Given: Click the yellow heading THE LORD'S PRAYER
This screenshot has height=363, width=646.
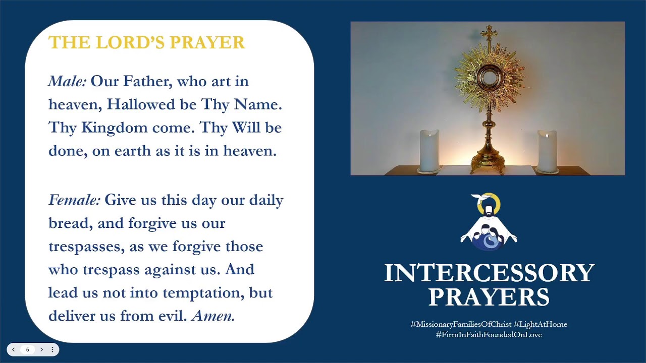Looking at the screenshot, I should (146, 42).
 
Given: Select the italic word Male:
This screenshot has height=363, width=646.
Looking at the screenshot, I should (68, 81).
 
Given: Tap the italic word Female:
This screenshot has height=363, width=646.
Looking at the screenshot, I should (74, 200).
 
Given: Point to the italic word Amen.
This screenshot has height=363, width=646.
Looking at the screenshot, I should (213, 316).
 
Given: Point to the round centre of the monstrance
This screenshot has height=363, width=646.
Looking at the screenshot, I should (488, 77).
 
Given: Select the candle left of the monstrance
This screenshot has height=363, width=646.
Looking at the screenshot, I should (429, 151).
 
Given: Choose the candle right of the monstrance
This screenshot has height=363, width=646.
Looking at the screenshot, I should (547, 151).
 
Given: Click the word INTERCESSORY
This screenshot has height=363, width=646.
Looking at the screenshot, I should (489, 273).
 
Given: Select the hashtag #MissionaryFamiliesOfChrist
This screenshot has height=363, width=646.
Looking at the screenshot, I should (461, 324).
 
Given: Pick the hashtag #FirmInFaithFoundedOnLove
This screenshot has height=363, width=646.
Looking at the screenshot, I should (489, 334).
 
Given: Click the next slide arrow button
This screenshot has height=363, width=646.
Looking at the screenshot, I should (42, 349).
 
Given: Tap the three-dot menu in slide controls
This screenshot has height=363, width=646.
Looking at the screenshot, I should (52, 349).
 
